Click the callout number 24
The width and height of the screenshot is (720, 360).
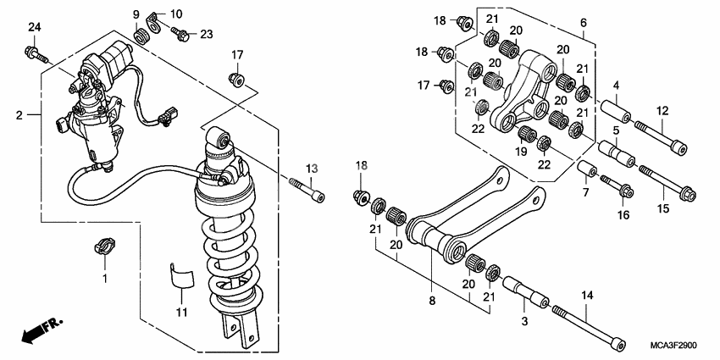[34, 29]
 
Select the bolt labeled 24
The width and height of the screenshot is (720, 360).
[37, 57]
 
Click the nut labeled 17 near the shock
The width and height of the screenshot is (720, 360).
[237, 80]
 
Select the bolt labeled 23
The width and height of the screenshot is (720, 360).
[179, 33]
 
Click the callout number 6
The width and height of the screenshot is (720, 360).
[583, 22]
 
